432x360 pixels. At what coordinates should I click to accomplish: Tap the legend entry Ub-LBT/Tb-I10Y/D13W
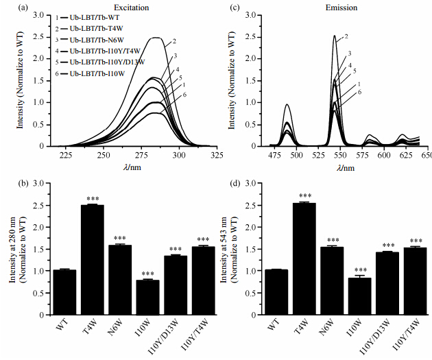pos(87,62)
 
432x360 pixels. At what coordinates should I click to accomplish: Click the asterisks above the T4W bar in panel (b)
pos(92,199)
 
